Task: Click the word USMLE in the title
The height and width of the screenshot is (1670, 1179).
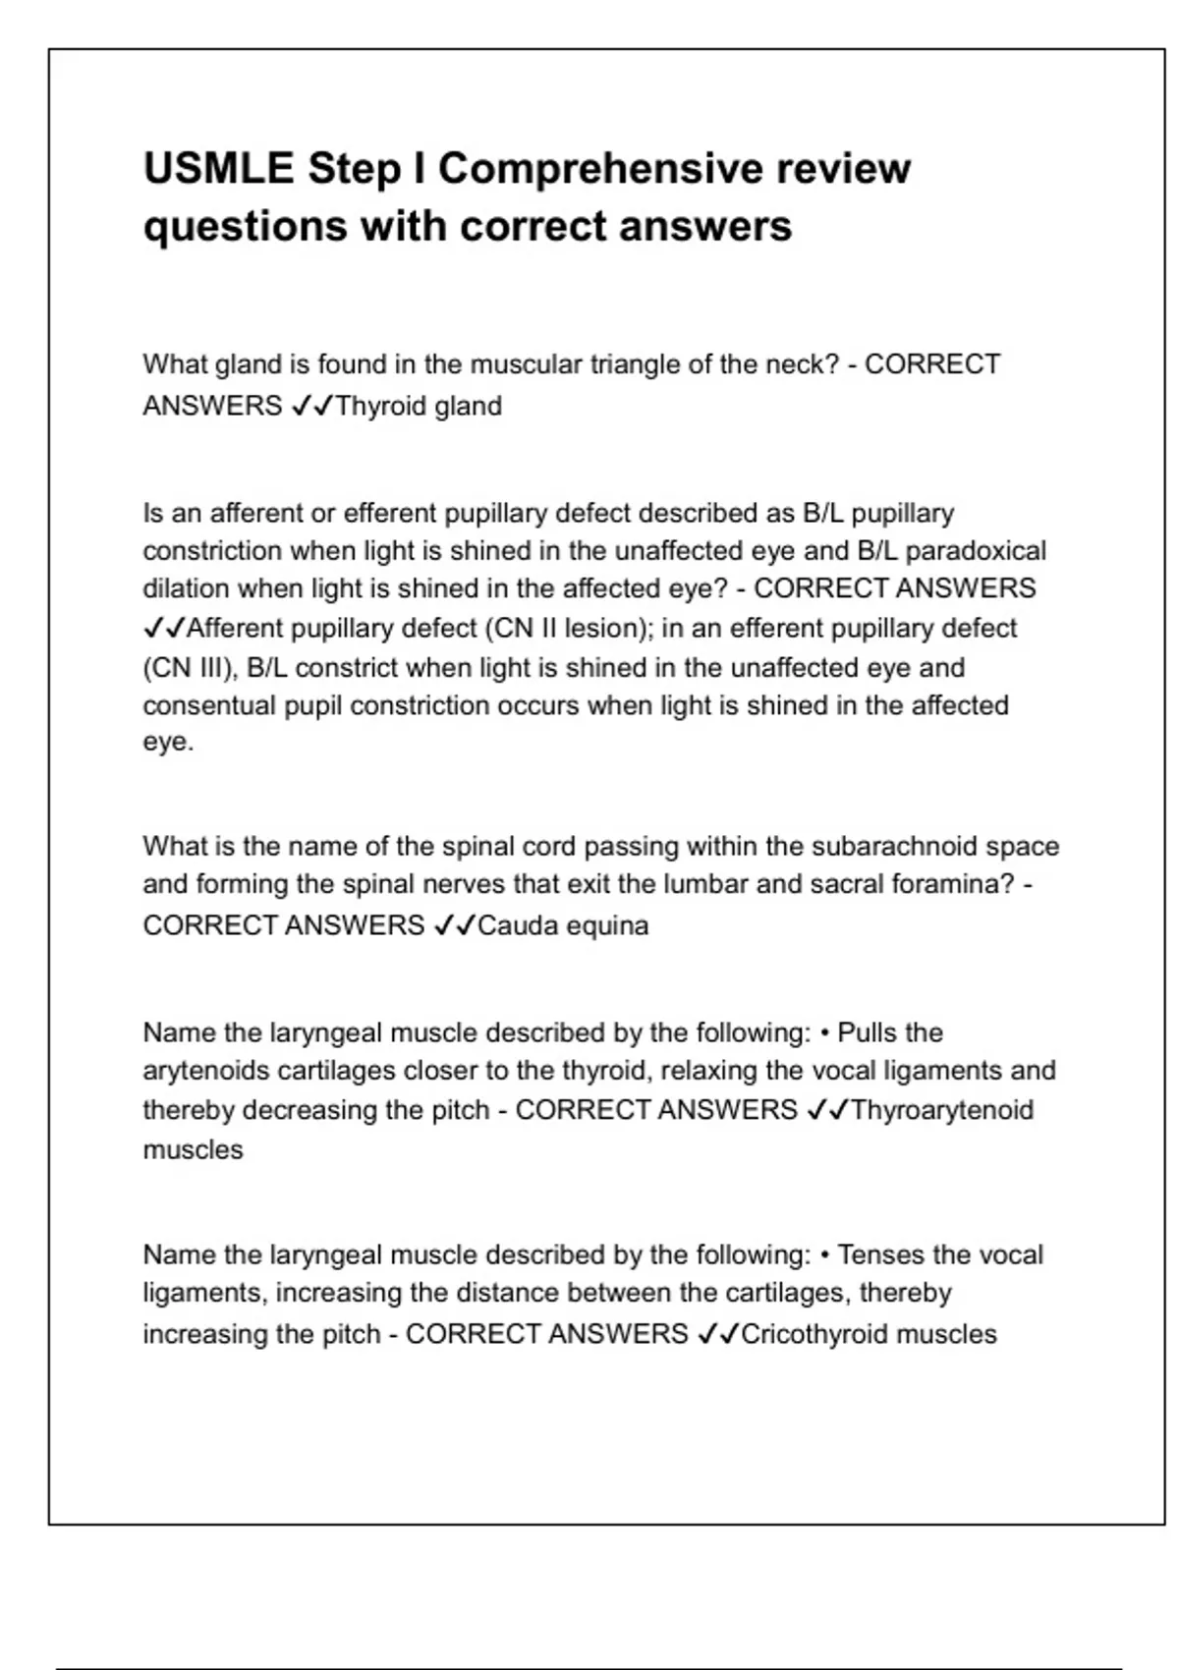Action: (x=218, y=169)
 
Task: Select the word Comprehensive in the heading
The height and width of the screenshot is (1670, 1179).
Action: (x=599, y=169)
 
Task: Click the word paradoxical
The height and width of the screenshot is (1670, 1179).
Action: (x=976, y=550)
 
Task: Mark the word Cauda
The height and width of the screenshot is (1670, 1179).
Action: (x=515, y=925)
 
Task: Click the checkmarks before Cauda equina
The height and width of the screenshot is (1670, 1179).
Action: (x=454, y=925)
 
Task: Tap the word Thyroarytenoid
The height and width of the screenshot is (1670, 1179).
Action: (x=942, y=1110)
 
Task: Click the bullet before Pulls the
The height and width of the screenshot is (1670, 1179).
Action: (x=824, y=1033)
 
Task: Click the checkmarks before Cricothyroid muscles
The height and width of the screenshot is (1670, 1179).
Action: (x=717, y=1334)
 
